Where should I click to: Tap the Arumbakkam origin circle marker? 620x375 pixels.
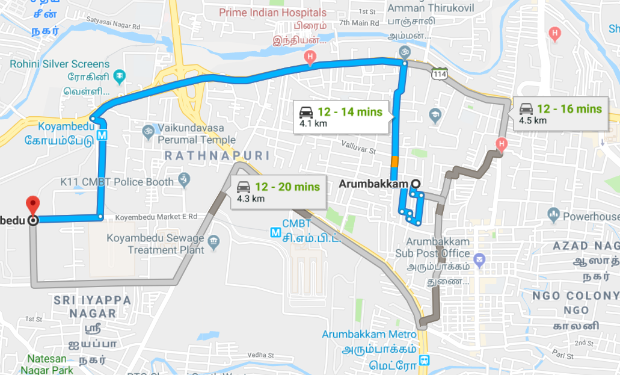[414, 184]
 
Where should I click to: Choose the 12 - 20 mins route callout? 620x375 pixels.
[277, 191]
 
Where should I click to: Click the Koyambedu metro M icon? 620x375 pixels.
[102, 135]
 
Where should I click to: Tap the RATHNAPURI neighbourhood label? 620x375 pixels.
[217, 156]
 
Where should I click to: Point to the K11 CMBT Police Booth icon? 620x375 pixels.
[184, 179]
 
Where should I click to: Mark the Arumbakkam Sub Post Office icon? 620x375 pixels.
[479, 260]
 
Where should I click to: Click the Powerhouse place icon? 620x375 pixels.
[554, 214]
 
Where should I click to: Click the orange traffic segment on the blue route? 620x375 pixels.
[394, 161]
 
